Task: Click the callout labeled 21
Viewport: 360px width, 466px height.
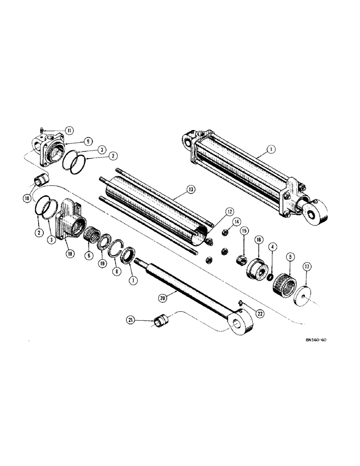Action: click(131, 320)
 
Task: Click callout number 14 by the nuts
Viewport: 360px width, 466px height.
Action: click(236, 221)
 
